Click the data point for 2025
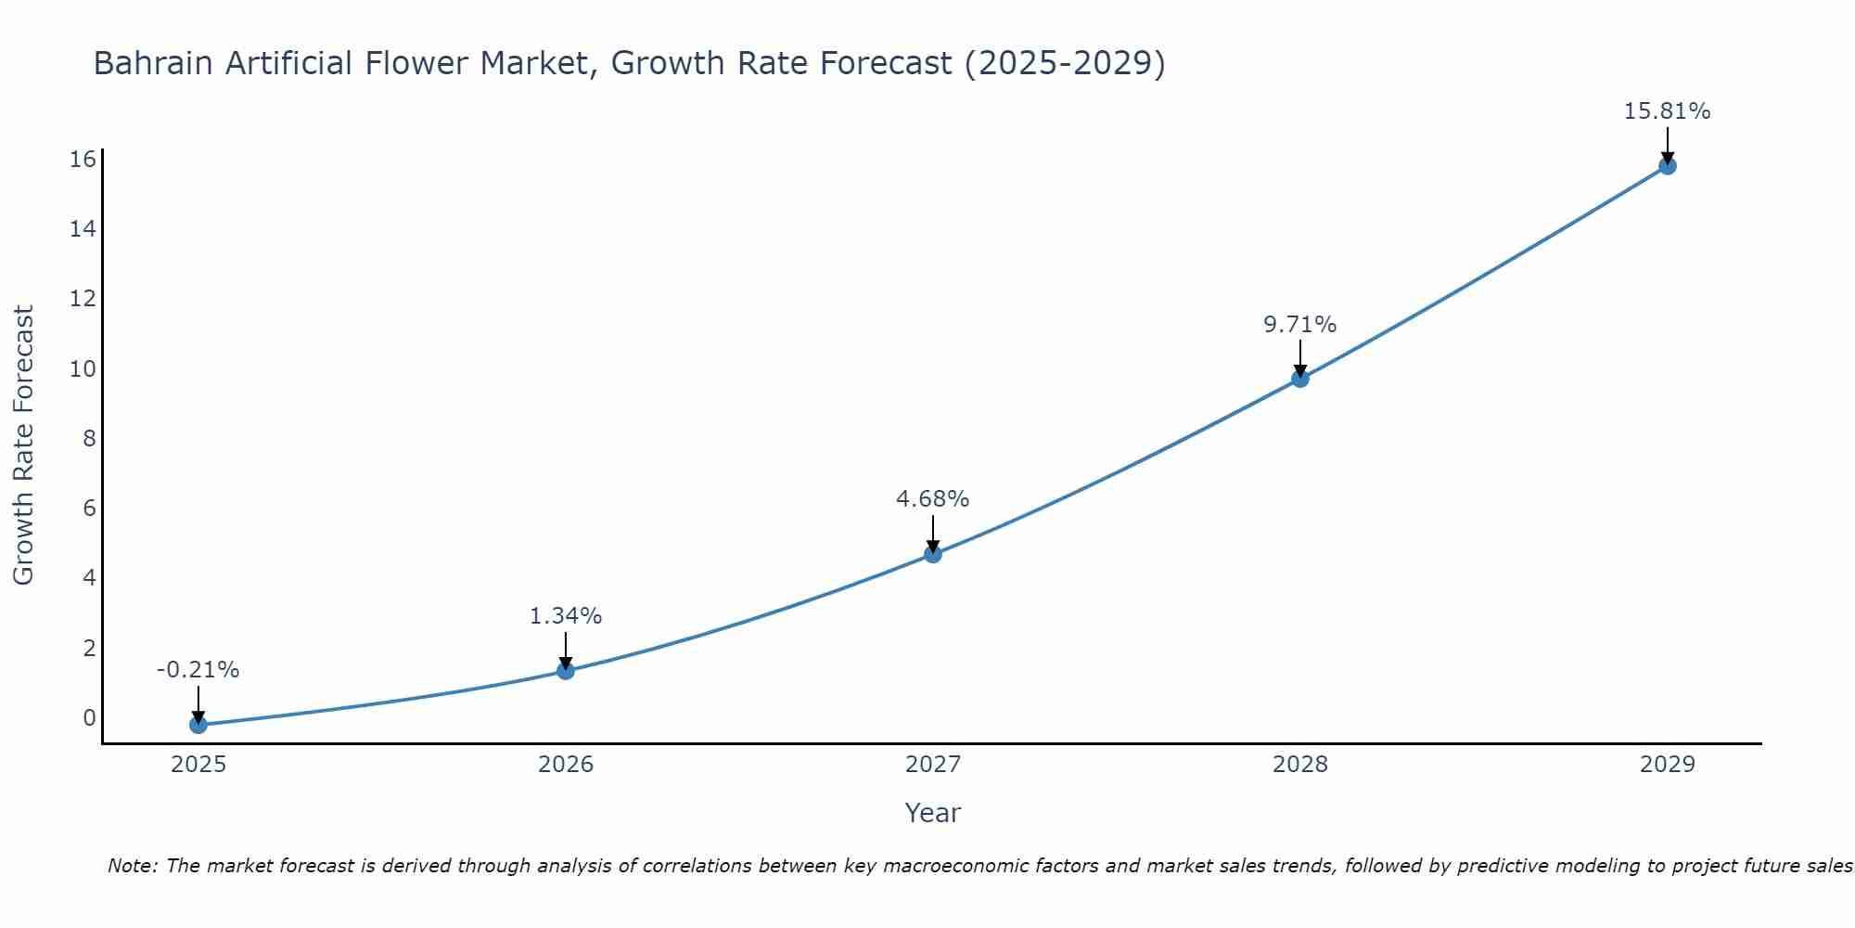[x=198, y=725]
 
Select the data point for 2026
[x=566, y=670]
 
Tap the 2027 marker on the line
[x=933, y=554]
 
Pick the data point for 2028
[x=1300, y=379]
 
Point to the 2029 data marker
[x=1668, y=166]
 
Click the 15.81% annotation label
[x=1667, y=111]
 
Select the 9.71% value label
[x=1299, y=325]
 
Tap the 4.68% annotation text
[x=932, y=499]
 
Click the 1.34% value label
[x=566, y=616]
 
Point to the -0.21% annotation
[x=198, y=670]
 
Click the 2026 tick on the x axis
[x=566, y=765]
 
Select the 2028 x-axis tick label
[x=1300, y=765]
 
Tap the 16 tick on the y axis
[x=83, y=160]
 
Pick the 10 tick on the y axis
[x=83, y=369]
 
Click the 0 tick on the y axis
[x=89, y=717]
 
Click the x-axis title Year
[x=932, y=813]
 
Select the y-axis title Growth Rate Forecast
[x=23, y=445]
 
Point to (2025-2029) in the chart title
[x=1065, y=64]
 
